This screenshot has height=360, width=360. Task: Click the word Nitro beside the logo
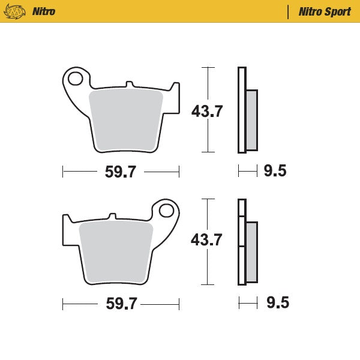point(43,11)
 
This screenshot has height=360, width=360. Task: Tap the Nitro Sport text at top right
point(325,11)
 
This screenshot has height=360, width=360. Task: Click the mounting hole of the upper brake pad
point(76,78)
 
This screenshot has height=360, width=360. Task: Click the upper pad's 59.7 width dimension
point(121,172)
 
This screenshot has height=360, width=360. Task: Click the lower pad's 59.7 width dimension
point(121,304)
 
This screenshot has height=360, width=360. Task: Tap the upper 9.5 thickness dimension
point(275,172)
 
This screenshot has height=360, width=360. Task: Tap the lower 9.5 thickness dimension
point(277,303)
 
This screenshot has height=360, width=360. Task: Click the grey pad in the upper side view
point(251,120)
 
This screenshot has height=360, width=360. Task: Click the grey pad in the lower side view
point(251,252)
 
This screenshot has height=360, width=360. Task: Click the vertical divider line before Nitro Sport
point(289,11)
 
